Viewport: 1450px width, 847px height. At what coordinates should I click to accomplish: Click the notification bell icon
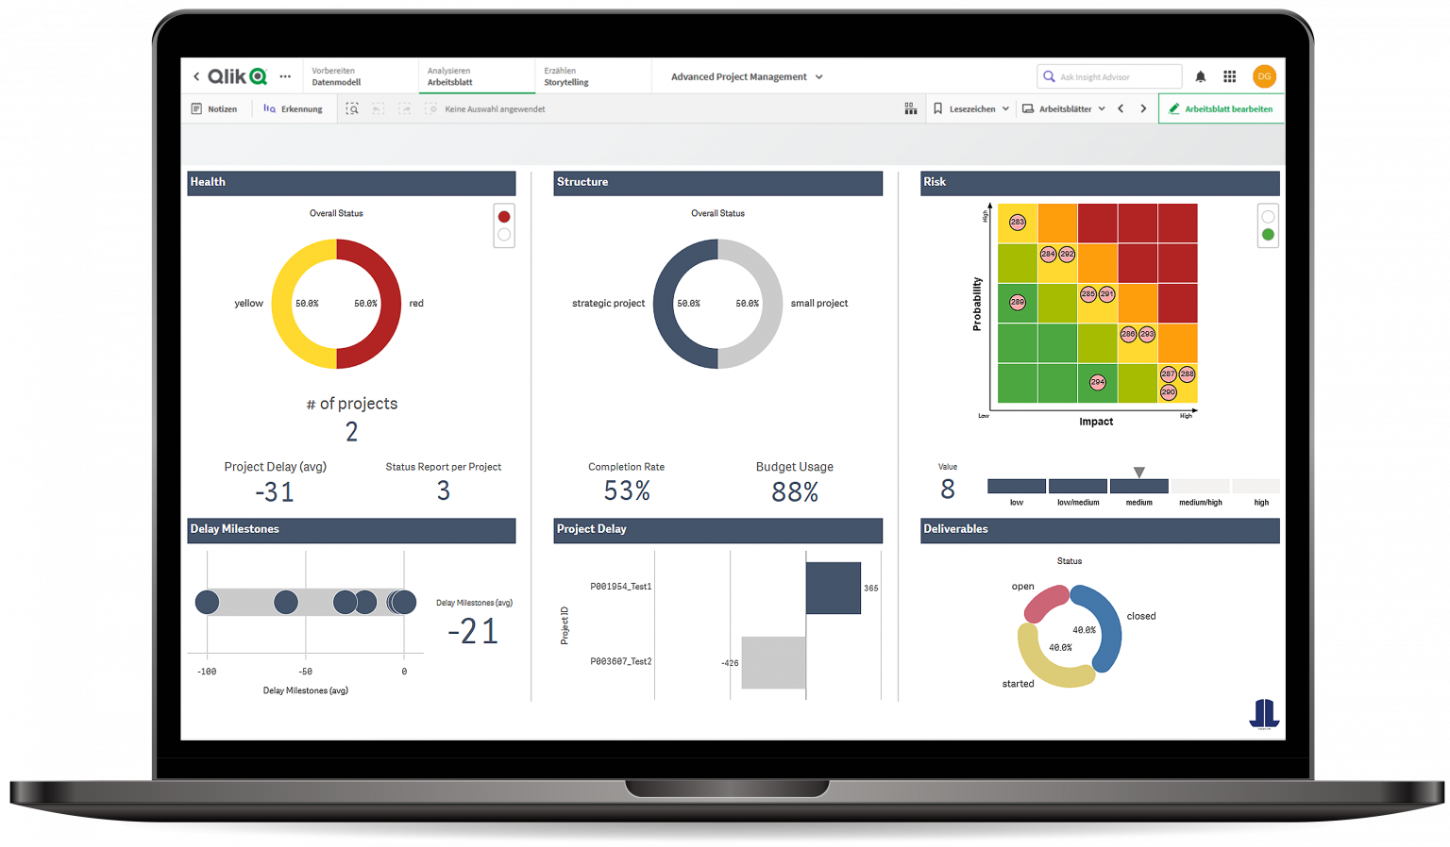pos(1201,77)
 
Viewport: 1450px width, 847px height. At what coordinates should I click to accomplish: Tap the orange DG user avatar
pos(1264,76)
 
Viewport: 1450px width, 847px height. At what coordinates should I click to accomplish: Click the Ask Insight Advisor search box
pos(1109,77)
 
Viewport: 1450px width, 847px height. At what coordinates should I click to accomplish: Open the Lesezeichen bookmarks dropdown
pos(971,109)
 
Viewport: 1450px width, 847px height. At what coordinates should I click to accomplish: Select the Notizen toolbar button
pos(214,109)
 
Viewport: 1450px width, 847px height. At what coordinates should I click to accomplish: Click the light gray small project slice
pos(767,304)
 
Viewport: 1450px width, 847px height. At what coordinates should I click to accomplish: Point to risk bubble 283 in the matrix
pos(1017,223)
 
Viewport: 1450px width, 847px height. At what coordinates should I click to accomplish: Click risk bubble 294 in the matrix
pos(1097,382)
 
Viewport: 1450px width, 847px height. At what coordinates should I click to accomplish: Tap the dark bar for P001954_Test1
pos(833,588)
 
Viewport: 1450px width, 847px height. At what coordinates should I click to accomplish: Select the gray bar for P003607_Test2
pos(773,662)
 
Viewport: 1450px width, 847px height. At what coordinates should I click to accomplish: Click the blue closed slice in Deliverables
pos(1104,627)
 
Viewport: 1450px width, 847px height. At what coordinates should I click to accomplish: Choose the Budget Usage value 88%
pos(795,491)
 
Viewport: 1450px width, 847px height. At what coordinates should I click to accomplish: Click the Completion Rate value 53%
pos(627,491)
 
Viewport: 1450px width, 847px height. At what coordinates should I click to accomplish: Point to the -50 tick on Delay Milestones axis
pos(306,672)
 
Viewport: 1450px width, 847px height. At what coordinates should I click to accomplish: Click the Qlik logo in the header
pos(237,77)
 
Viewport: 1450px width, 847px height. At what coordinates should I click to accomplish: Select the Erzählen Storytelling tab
pos(566,77)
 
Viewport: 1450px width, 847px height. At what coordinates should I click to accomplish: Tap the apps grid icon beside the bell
pos(1229,77)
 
